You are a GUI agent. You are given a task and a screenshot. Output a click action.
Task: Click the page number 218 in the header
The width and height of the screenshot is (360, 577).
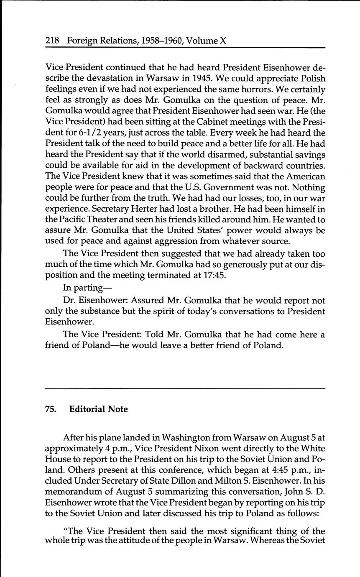(53, 41)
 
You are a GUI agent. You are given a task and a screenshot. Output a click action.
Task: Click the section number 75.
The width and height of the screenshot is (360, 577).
(51, 409)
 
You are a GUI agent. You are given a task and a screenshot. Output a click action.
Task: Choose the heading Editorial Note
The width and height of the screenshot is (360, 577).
(98, 409)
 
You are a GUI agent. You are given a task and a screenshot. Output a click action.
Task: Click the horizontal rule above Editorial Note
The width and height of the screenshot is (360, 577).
(185, 389)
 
